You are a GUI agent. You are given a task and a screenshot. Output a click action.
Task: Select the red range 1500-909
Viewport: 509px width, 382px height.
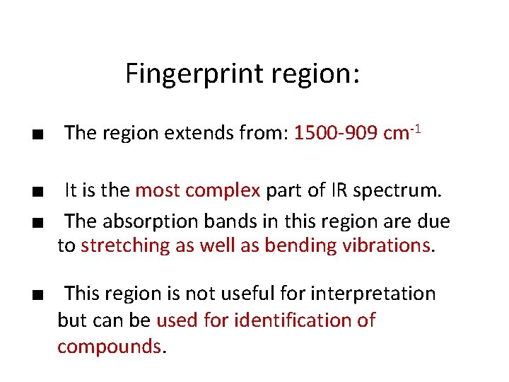click(x=334, y=133)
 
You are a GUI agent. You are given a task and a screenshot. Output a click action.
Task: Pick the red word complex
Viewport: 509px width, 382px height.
click(x=226, y=190)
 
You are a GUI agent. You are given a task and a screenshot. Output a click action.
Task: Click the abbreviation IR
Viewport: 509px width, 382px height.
click(x=338, y=190)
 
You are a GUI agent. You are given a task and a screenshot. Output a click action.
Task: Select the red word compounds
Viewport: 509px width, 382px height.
click(x=110, y=347)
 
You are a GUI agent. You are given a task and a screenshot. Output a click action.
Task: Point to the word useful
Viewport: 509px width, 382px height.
click(x=245, y=293)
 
